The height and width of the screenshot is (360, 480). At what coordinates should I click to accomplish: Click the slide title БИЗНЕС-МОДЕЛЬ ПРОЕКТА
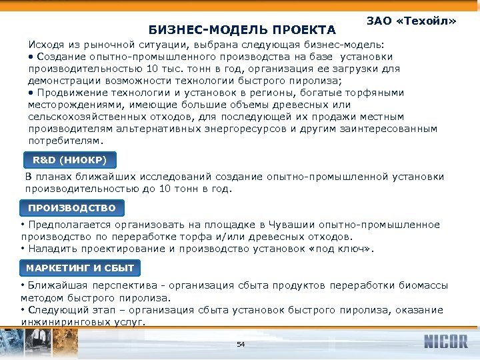click(x=242, y=30)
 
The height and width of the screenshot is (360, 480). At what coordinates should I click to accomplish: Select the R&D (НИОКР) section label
click(x=70, y=160)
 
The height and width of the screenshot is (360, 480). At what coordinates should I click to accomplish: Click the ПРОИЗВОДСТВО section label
click(x=71, y=208)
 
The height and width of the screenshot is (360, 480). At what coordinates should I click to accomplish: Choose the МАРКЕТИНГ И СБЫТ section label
click(x=80, y=268)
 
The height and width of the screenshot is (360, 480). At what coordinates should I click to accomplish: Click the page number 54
click(x=241, y=344)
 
